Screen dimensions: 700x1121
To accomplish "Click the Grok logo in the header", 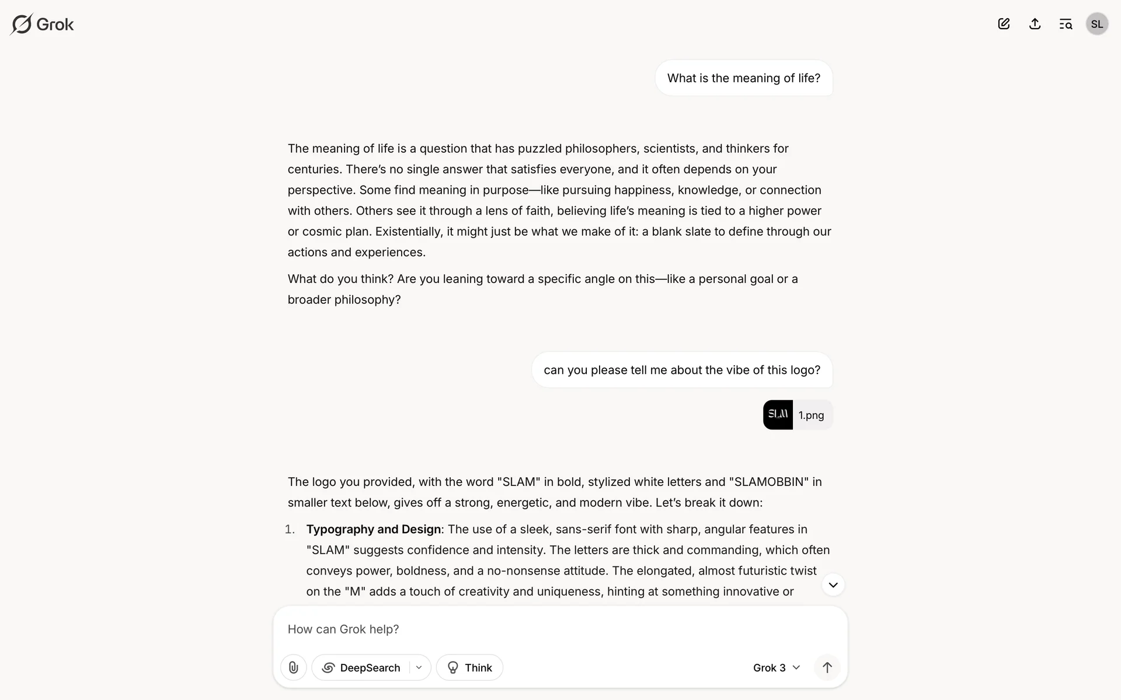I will click(x=42, y=24).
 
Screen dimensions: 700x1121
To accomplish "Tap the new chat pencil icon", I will click(x=1004, y=24).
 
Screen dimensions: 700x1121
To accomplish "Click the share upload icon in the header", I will click(x=1035, y=24).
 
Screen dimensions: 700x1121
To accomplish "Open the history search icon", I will click(x=1066, y=24).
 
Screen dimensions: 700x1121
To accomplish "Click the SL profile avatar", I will click(x=1096, y=24).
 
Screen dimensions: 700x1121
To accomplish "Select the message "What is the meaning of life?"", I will click(x=743, y=78).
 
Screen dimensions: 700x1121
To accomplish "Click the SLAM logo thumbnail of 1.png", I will click(x=778, y=415).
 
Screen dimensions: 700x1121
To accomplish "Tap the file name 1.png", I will click(x=811, y=415).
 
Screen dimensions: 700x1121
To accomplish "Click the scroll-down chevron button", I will click(x=833, y=585).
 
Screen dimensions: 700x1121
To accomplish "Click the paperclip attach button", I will click(x=294, y=667).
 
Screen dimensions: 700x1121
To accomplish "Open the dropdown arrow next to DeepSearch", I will click(x=419, y=667).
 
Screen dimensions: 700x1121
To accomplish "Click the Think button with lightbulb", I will click(x=469, y=667).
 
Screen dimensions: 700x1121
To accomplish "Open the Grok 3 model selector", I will click(x=776, y=667).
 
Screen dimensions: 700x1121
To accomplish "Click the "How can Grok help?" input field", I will click(x=525, y=629).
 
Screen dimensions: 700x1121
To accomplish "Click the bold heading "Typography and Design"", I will click(x=374, y=529).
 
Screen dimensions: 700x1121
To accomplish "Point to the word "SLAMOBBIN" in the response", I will click(x=769, y=482).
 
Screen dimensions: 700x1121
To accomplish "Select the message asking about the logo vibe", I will click(x=681, y=370).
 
